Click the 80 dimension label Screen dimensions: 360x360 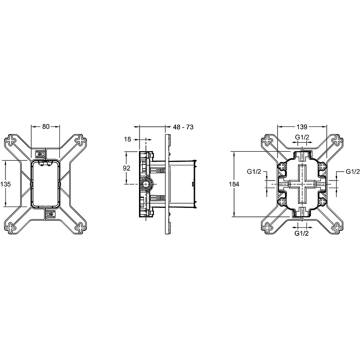tap(46, 126)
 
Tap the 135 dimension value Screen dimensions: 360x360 tap(5, 184)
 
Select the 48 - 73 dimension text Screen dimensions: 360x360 tap(183, 127)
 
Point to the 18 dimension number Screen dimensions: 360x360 tap(127, 139)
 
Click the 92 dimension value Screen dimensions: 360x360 tap(126, 168)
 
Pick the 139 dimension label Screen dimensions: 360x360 tap(301, 127)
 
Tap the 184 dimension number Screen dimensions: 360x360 tap(234, 184)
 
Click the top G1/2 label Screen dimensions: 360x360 tap(302, 137)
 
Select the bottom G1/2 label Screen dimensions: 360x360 tap(301, 233)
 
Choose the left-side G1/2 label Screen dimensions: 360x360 tap(254, 171)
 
